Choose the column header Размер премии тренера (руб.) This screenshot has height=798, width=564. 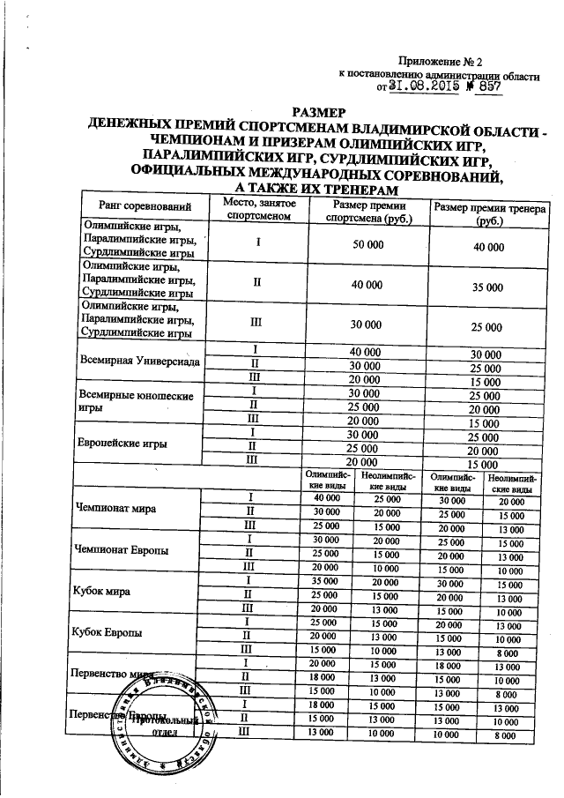pyautogui.click(x=487, y=214)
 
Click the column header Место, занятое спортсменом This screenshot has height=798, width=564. pyautogui.click(x=254, y=208)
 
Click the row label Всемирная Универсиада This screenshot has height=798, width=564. pyautogui.click(x=138, y=362)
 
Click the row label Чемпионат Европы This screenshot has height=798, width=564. pyautogui.click(x=123, y=550)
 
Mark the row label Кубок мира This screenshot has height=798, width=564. pyautogui.click(x=102, y=593)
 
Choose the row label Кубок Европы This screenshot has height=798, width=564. pyautogui.click(x=109, y=633)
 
